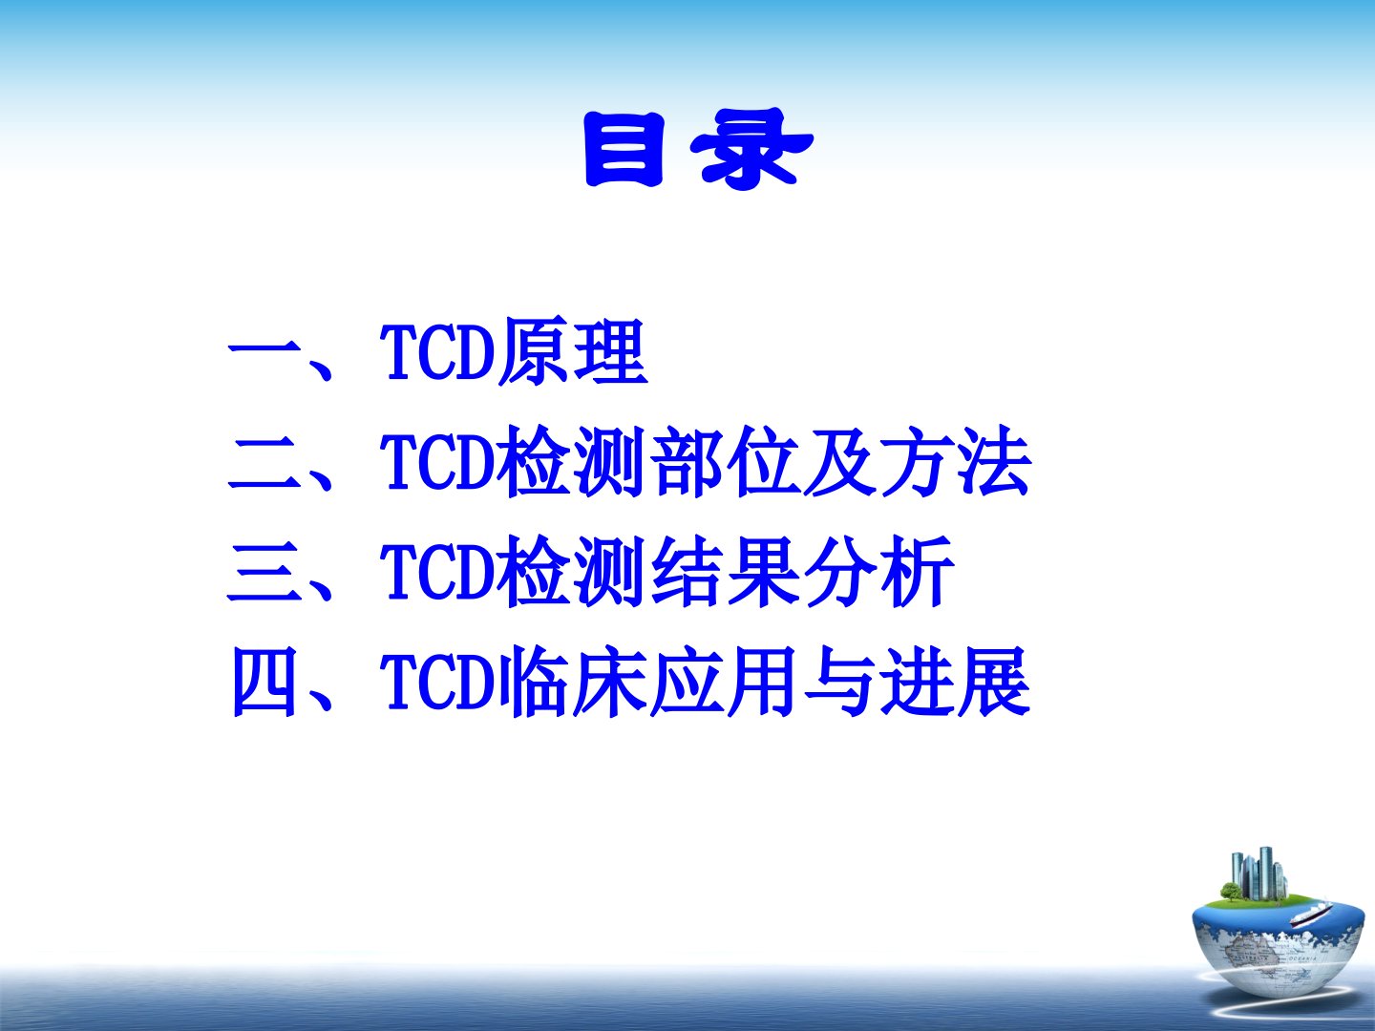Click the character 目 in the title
[624, 149]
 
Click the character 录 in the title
[751, 149]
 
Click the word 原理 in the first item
[572, 351]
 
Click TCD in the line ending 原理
[437, 352]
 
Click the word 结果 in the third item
[724, 572]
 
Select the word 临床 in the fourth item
[572, 682]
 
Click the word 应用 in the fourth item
[724, 682]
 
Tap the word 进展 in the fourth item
[955, 682]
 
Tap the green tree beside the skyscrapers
[1231, 892]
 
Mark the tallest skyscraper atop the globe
[1266, 873]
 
